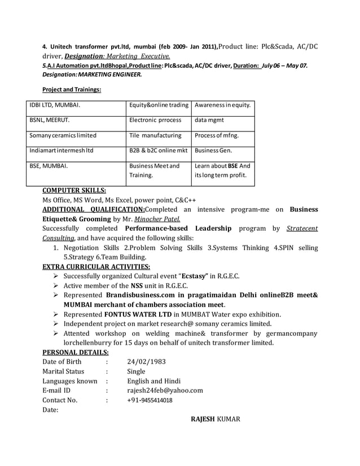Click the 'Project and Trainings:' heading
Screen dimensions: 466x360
pyautogui.click(x=72, y=90)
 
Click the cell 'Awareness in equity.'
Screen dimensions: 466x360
pyautogui.click(x=222, y=105)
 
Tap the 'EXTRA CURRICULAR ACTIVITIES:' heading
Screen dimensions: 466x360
pyautogui.click(x=96, y=266)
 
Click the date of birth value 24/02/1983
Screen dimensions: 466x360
pyautogui.click(x=146, y=362)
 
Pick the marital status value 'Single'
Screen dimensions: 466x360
pyautogui.click(x=136, y=371)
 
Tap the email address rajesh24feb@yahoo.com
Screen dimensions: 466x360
pyautogui.click(x=165, y=390)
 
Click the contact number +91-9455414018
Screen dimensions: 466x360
pyautogui.click(x=150, y=401)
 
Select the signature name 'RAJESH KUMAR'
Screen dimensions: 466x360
pyautogui.click(x=216, y=419)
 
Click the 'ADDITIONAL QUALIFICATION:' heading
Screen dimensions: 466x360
pyautogui.click(x=94, y=209)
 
